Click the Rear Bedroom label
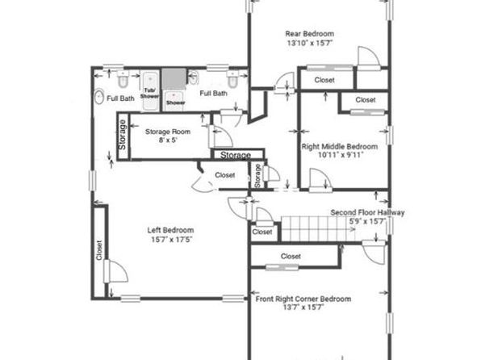310,34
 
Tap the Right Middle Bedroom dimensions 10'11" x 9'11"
341,155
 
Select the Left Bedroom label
170,230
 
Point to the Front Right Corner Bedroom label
303,299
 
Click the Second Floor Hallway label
367,212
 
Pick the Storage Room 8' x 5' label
168,136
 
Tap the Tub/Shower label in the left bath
149,93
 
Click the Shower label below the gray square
175,103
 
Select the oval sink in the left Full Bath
98,97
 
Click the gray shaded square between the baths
174,79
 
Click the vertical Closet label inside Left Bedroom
98,250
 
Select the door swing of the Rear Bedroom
369,57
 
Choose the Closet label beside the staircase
262,232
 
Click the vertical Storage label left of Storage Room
123,135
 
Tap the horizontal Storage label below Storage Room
236,155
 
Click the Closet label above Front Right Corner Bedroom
291,256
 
